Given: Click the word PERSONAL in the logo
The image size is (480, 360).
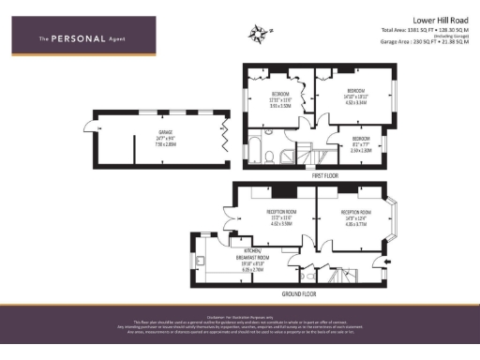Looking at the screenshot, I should click(x=71, y=38).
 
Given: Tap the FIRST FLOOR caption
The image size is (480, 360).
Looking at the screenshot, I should click(x=324, y=174).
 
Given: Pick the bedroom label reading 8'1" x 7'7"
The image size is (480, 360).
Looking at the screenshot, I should click(x=361, y=145).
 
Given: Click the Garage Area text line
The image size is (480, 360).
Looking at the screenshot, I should click(x=423, y=42).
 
